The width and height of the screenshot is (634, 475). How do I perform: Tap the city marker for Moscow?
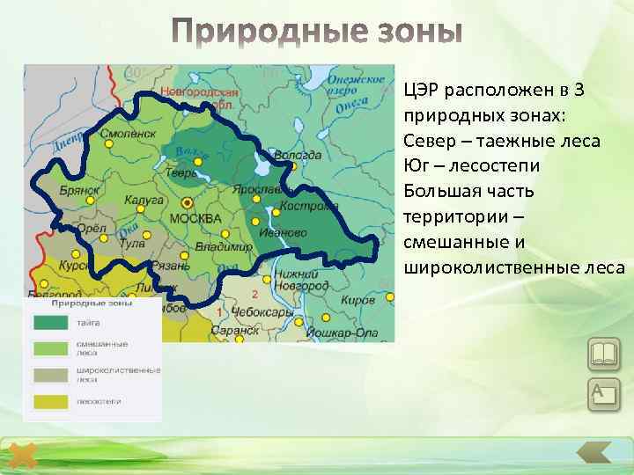(187, 202)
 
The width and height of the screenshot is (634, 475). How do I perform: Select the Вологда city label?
(298, 155)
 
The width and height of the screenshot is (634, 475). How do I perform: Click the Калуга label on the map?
(144, 201)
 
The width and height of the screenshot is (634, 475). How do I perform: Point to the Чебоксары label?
(263, 312)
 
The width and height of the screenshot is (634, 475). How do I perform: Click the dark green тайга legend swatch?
(51, 323)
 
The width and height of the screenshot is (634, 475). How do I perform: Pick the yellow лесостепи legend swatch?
(51, 401)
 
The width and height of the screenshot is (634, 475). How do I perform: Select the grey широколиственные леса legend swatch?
(51, 375)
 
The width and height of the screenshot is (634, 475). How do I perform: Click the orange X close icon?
(25, 457)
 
